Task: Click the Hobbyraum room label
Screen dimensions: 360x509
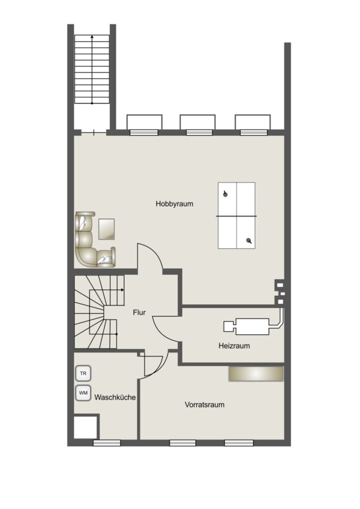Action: point(174,204)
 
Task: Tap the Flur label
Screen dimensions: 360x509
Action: point(139,313)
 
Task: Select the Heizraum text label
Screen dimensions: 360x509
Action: point(234,346)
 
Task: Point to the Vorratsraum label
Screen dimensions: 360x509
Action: point(204,405)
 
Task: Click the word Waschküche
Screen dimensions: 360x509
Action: point(115,398)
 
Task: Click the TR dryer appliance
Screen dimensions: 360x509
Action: point(83,374)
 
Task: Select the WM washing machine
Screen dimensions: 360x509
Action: point(83,393)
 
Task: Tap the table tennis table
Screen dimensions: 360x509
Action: point(237,215)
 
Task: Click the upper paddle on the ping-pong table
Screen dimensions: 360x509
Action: point(225,194)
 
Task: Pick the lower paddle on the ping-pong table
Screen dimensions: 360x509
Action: point(249,241)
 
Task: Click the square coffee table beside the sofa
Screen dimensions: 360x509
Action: point(106,229)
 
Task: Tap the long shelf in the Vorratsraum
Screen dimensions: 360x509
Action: point(256,374)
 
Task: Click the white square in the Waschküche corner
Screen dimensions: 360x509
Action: point(85,427)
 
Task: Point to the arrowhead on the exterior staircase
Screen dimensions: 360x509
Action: point(92,37)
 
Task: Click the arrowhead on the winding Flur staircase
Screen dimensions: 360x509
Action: point(122,290)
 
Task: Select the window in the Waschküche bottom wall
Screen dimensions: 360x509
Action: point(106,443)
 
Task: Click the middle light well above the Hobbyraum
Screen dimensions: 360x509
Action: point(198,122)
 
